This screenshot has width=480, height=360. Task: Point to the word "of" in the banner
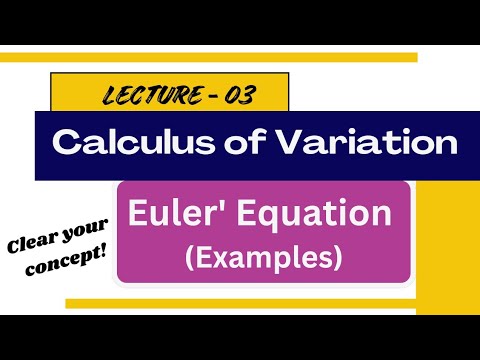tap(233, 143)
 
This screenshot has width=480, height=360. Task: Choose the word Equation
tap(314, 214)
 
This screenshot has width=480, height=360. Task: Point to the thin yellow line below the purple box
tap(240, 302)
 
